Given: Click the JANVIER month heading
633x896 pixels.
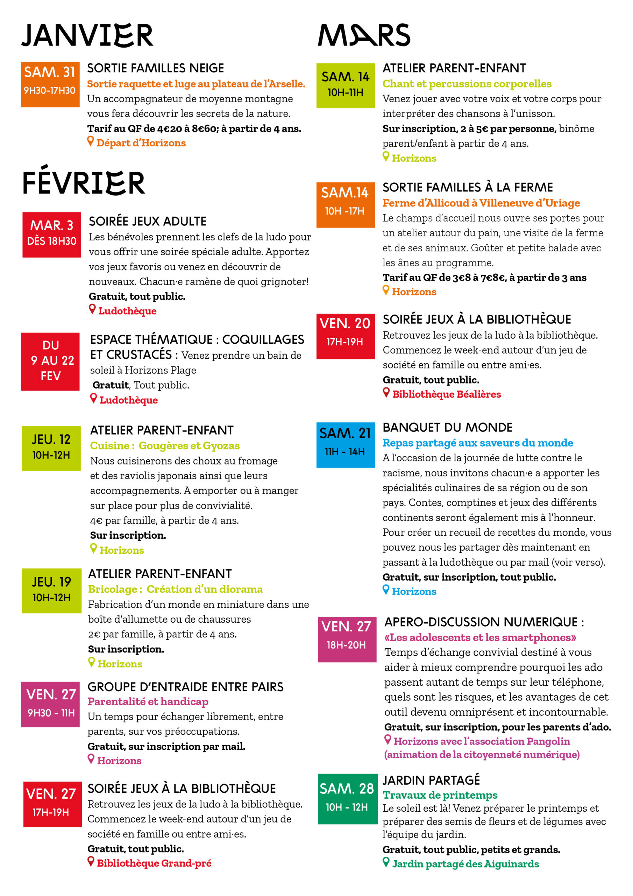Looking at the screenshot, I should [87, 35].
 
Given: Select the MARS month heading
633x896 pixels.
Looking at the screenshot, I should [364, 35].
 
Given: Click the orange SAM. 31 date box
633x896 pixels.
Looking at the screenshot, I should [50, 84].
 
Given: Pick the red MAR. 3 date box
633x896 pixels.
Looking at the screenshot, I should [51, 234].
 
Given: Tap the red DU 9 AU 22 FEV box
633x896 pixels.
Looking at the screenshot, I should [50, 361].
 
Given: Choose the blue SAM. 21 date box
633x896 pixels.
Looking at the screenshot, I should [345, 444].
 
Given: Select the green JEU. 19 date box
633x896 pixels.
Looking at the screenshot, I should [51, 590].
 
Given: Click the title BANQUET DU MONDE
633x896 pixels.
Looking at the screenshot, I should [447, 427].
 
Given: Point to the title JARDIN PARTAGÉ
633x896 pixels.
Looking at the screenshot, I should [431, 780].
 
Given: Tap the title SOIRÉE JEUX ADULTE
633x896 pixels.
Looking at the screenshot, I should [148, 221].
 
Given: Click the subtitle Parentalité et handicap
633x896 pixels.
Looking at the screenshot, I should [148, 701].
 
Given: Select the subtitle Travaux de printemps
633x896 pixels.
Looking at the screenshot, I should [440, 795].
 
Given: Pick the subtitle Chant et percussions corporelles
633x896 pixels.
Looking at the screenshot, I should [467, 84].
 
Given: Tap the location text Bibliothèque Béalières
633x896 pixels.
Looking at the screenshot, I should [446, 394].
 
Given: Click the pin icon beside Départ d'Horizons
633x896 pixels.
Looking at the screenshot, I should [91, 141].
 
